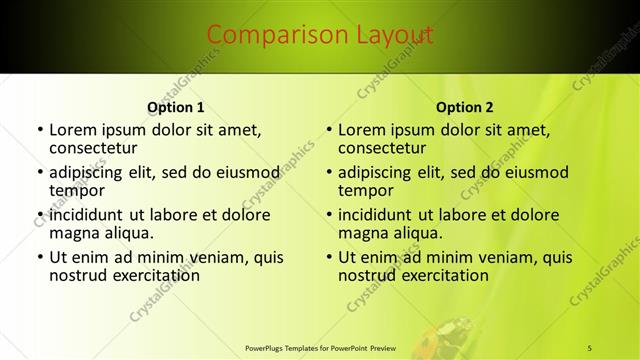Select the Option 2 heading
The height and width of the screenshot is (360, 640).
click(x=465, y=107)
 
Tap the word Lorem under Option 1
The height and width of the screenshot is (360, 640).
click(x=72, y=129)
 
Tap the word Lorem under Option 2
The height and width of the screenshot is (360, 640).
click(x=361, y=129)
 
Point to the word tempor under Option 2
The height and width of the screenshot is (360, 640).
click(x=366, y=191)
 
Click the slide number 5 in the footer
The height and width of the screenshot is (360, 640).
click(x=590, y=347)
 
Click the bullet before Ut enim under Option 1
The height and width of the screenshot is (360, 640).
click(x=39, y=257)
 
